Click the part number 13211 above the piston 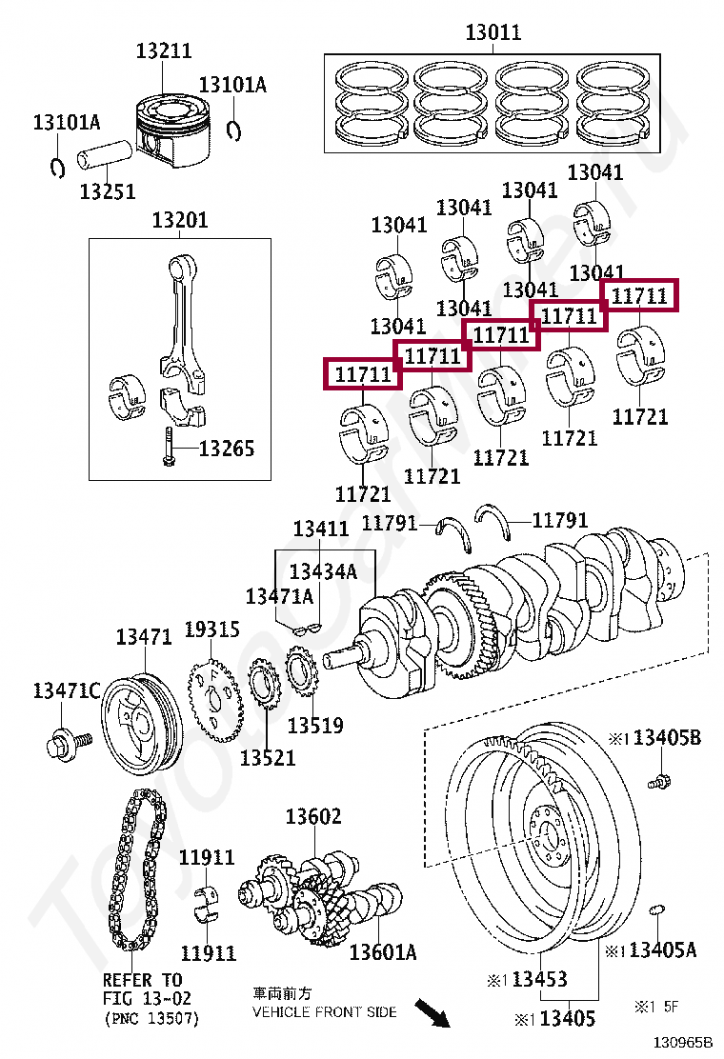coord(163,51)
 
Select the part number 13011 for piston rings coord(493,32)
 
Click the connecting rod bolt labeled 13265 coord(169,447)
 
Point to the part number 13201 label coord(179,221)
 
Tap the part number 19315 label coord(211,629)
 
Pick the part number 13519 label coord(315,726)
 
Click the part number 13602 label coord(313,816)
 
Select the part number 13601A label coord(383,951)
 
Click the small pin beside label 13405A coord(655,912)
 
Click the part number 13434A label coord(323,571)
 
